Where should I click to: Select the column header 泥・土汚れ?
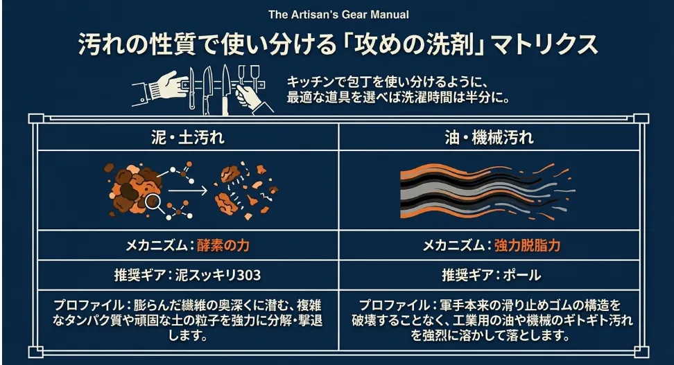point(187,136)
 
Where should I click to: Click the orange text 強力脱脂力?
point(528,244)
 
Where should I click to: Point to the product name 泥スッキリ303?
point(220,275)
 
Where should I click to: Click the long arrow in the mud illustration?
point(189,188)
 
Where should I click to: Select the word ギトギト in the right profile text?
point(551,320)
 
